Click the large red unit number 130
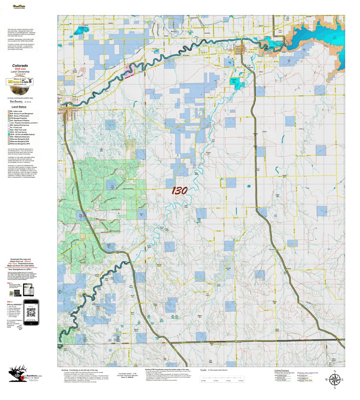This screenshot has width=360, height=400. tap(180, 191)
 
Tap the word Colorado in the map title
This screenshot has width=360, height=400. tap(20, 66)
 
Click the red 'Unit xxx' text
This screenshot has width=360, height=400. tap(20, 69)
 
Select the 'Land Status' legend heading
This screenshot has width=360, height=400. tap(19, 107)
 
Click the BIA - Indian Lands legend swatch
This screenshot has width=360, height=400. tap(9, 111)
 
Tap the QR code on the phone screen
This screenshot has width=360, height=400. tap(31, 313)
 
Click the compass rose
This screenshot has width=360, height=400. tap(334, 379)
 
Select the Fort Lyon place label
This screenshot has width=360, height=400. tap(280, 31)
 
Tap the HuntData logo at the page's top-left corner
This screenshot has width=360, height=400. tap(19, 6)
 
